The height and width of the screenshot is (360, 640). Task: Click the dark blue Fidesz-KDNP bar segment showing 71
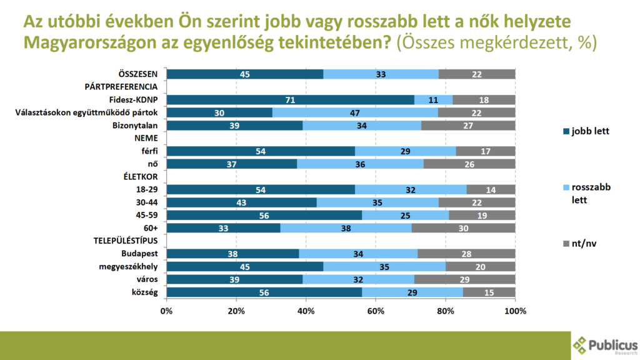click(290, 100)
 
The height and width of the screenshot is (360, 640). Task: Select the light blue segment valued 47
click(355, 112)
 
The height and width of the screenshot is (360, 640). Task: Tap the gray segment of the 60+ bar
click(463, 228)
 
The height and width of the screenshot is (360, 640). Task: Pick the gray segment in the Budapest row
click(466, 254)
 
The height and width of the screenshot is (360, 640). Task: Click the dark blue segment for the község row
click(264, 292)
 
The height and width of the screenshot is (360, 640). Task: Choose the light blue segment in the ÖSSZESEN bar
click(381, 74)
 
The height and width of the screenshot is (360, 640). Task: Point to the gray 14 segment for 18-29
click(491, 189)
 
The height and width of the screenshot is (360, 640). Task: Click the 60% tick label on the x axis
click(376, 311)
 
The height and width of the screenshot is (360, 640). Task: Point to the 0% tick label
click(166, 311)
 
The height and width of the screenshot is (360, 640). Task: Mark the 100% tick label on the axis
click(514, 311)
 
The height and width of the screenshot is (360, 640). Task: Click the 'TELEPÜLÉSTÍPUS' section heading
click(125, 241)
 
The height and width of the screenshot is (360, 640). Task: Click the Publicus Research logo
click(605, 346)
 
